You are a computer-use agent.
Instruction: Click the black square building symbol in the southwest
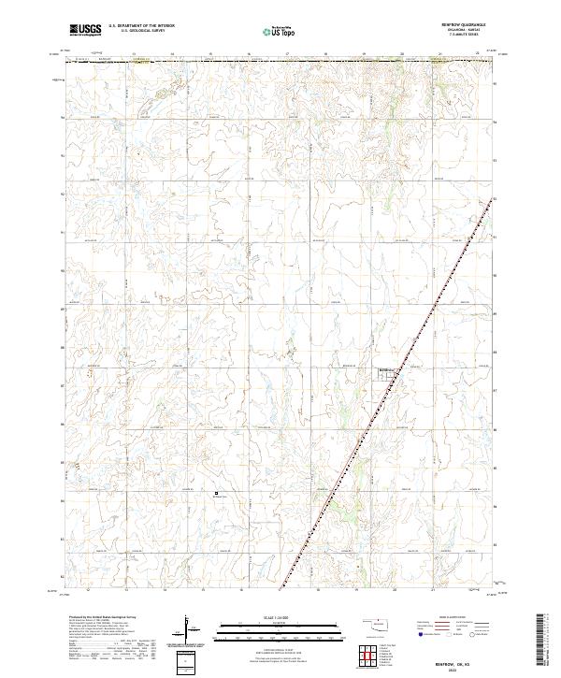tap(216, 493)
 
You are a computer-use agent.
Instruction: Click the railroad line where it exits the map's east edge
tap(492, 198)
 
